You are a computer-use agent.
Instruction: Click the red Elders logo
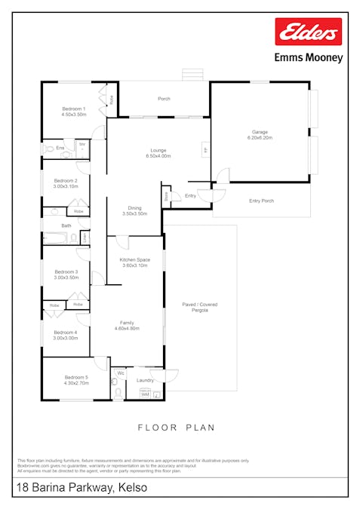pos(308,32)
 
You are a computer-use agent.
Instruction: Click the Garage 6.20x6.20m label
pos(259,134)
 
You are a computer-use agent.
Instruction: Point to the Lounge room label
pos(158,153)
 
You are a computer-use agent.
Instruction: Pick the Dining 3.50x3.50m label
pos(134,210)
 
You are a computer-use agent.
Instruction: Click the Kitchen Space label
pos(135,262)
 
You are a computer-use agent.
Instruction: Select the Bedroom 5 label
pos(76,380)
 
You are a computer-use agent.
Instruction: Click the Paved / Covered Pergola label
pos(200,307)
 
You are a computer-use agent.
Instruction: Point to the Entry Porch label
pos(261,201)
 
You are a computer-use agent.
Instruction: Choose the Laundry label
pos(145,380)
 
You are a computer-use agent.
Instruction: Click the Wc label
pos(120,373)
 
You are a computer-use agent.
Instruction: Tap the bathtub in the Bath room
pos(55,238)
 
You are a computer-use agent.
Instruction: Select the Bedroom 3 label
pos(66,274)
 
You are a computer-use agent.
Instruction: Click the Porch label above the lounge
pos(164,99)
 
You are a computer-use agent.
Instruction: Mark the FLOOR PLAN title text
pos(176,428)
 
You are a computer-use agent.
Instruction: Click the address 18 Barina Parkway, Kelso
pos(82,489)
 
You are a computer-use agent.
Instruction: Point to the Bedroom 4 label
pos(66,335)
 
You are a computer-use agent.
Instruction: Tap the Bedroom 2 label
pos(66,183)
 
